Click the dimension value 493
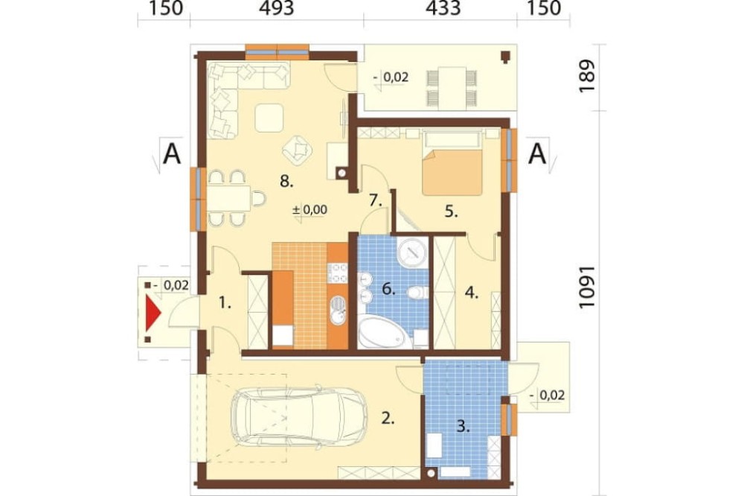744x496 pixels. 277,8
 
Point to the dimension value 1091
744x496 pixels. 587,287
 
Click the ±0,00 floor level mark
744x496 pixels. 310,209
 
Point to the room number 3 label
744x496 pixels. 463,426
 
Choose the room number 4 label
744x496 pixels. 471,293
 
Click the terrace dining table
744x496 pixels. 452,87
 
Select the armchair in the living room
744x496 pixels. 298,149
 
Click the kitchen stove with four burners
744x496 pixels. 338,273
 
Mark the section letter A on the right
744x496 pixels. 537,153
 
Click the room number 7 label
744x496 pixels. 375,201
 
